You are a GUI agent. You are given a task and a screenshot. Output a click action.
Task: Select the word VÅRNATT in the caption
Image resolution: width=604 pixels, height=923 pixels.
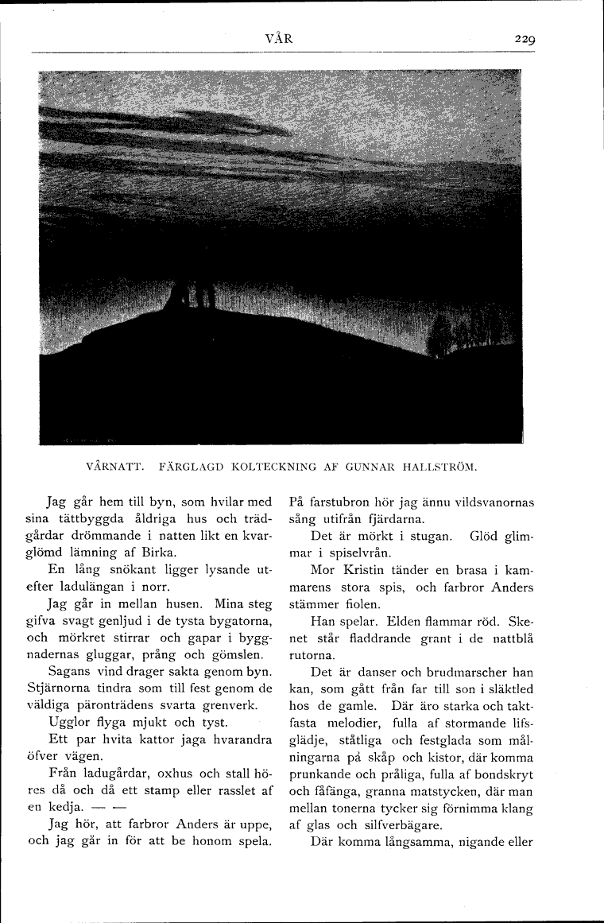[x=113, y=463]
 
